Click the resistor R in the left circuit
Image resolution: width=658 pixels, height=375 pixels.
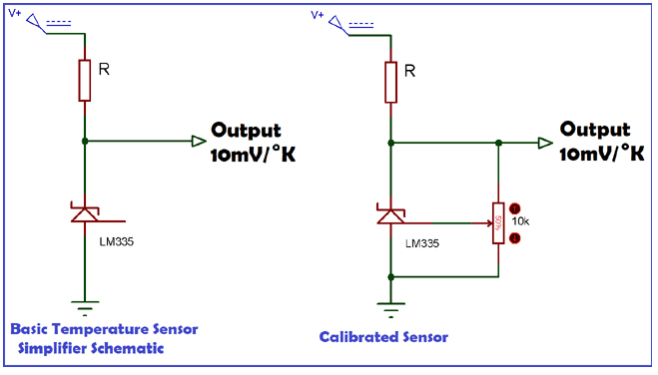[85, 80]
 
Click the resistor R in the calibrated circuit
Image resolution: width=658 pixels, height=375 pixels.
[390, 80]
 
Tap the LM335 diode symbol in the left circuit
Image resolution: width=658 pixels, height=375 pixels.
[85, 213]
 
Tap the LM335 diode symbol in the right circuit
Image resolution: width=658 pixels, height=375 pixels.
[390, 213]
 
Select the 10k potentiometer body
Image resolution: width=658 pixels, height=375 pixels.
[497, 222]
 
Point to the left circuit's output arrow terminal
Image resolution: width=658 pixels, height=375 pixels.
[199, 142]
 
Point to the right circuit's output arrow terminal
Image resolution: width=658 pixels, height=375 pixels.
[543, 142]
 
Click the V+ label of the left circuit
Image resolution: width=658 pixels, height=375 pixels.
[14, 15]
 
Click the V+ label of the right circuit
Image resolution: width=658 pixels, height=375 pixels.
[319, 15]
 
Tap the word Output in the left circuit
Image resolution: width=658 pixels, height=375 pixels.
[246, 131]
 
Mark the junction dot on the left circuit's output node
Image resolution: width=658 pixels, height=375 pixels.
[85, 142]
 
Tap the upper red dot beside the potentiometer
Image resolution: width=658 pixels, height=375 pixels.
[514, 209]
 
